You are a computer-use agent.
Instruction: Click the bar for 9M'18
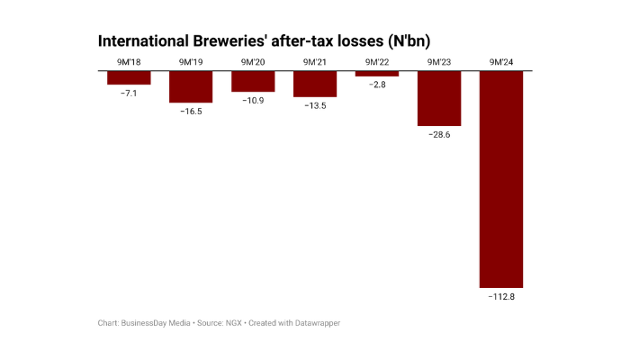pos(129,77)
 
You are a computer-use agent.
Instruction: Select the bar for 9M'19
pos(191,86)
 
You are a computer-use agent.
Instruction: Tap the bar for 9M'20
pos(253,81)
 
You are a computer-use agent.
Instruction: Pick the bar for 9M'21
pos(315,84)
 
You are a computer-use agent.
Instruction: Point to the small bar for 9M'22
pos(377,74)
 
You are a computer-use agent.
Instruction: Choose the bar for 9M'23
pos(439,98)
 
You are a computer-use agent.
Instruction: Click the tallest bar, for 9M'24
pos(501,178)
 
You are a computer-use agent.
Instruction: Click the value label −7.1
pos(129,93)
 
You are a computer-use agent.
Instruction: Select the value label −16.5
pos(191,112)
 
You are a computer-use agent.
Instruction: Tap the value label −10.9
pos(253,100)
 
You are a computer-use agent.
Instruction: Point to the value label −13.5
pos(315,105)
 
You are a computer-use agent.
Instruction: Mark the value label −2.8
pos(377,85)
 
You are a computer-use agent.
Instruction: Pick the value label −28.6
pos(439,134)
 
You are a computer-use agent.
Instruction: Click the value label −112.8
pos(501,296)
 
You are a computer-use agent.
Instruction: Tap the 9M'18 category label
pos(129,62)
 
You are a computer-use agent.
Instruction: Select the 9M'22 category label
pos(377,62)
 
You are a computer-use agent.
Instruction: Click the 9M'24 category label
pos(501,62)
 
